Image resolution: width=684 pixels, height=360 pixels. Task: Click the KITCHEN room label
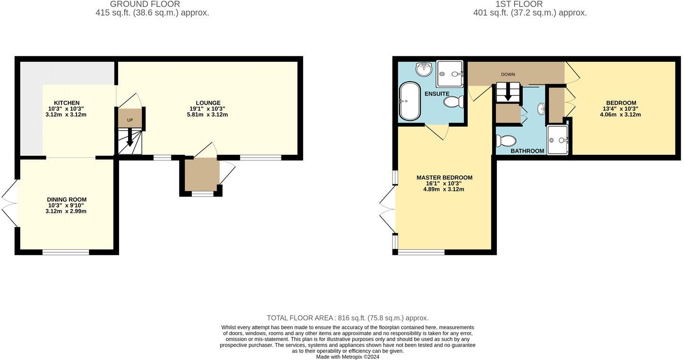tap(67, 103)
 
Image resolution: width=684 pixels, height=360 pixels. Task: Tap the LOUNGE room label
tap(208, 103)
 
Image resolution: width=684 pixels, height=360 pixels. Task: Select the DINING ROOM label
tap(67, 200)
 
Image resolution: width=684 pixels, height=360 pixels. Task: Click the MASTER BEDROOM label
tap(444, 178)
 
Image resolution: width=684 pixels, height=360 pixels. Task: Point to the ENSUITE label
tap(436, 94)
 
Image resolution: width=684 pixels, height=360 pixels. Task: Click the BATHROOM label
tap(527, 151)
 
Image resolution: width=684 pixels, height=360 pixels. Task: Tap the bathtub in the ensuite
tap(410, 101)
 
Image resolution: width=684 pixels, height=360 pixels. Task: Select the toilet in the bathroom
tap(505, 141)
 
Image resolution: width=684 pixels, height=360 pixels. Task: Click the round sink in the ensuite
tap(424, 69)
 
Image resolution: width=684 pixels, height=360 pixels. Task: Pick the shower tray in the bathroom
tap(557, 140)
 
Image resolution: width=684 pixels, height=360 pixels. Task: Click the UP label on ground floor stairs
tap(130, 120)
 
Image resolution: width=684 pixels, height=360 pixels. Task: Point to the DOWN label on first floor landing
tap(508, 75)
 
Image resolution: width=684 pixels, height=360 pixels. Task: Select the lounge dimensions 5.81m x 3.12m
tap(208, 115)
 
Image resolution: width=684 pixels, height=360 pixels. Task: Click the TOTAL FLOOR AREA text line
tap(348, 318)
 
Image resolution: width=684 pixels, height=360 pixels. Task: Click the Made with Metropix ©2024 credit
tap(348, 357)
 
